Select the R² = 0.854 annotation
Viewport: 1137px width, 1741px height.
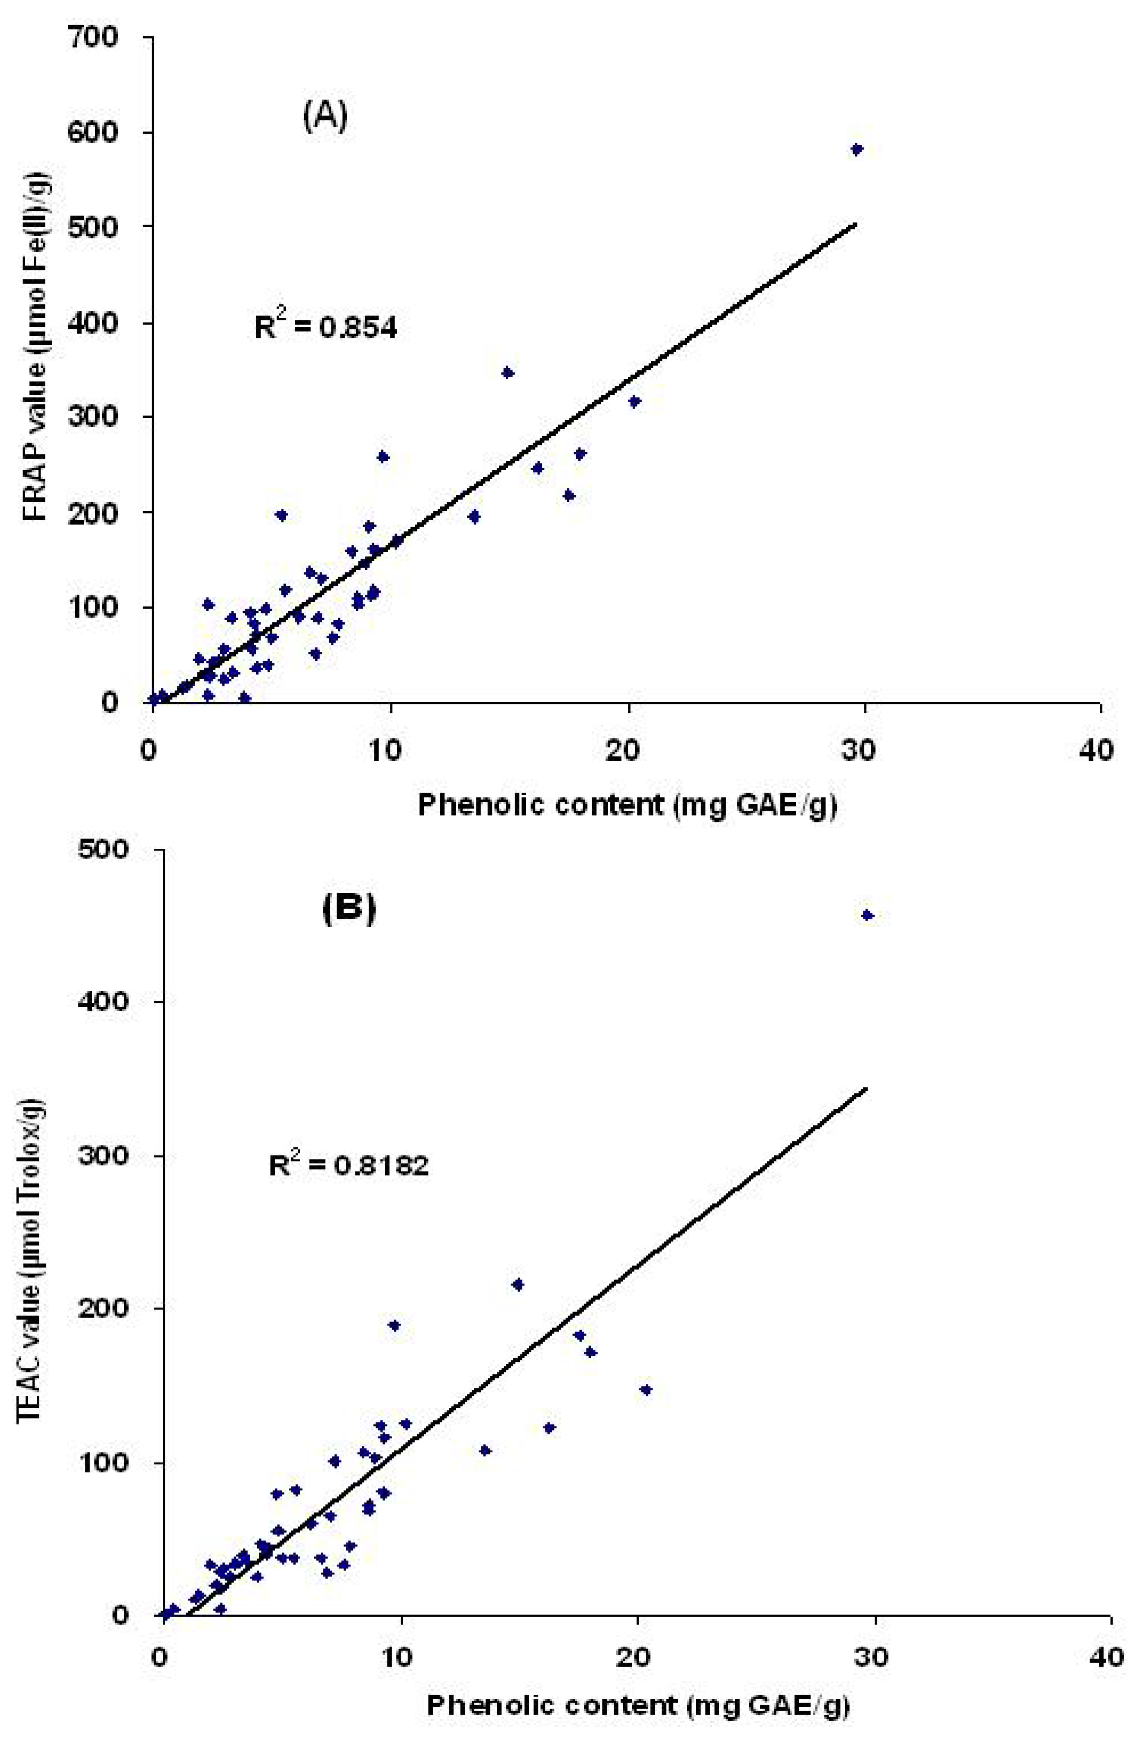pyautogui.click(x=325, y=328)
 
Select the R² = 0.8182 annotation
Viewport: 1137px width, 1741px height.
pyautogui.click(x=348, y=1164)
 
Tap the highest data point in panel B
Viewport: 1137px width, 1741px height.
pyautogui.click(x=867, y=915)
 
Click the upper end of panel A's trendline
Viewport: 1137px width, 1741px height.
pyautogui.click(x=855, y=225)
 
